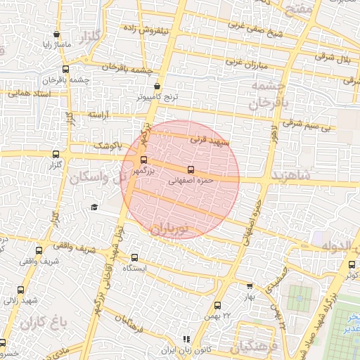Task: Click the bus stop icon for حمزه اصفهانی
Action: (191, 169)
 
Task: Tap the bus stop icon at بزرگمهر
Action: (144, 160)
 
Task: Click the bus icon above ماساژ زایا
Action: (56, 34)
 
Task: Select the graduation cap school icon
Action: (94, 207)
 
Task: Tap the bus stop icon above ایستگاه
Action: (134, 257)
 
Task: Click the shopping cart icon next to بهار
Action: (250, 286)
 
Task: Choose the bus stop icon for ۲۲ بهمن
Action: (217, 305)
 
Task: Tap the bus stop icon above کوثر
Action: (352, 264)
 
